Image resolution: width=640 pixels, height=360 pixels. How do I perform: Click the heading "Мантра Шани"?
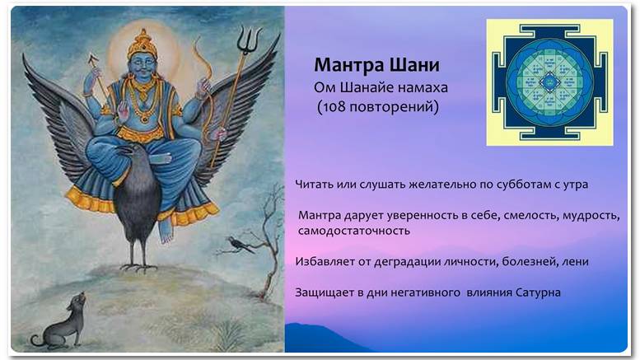[x=376, y=65]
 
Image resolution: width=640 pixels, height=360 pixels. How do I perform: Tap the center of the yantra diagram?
[x=549, y=82]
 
